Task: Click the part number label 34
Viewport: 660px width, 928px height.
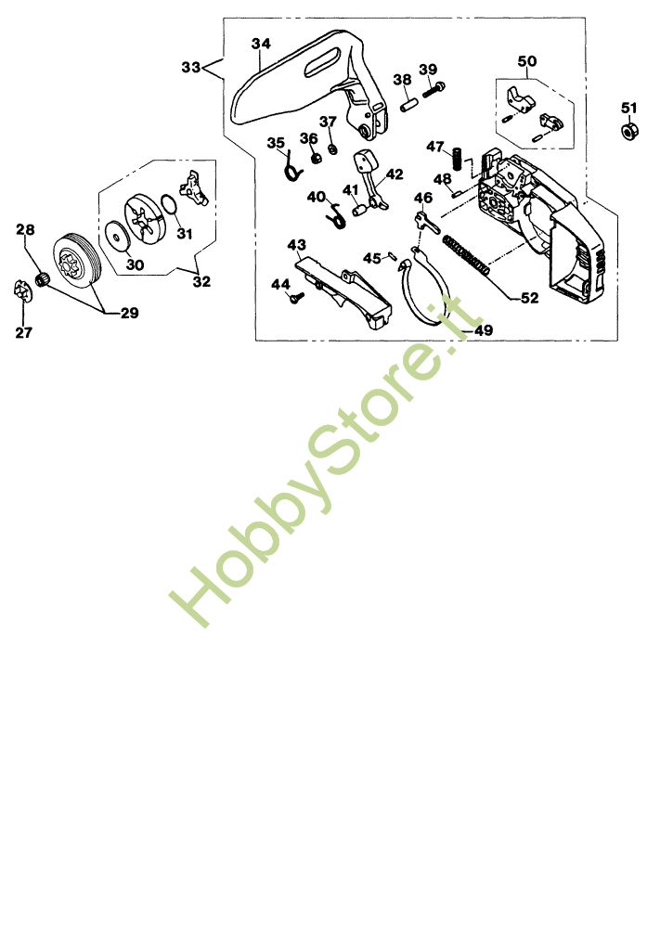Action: (261, 44)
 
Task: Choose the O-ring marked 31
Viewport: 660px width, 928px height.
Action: (168, 204)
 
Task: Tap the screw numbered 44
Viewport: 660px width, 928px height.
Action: (297, 298)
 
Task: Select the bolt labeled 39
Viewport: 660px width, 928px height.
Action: (434, 90)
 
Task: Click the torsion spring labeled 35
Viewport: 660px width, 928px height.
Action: (291, 169)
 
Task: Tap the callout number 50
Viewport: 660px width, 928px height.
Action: (527, 61)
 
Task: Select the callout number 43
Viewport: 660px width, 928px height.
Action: (296, 244)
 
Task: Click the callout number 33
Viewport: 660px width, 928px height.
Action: (191, 67)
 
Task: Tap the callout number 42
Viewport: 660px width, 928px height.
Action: (395, 174)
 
